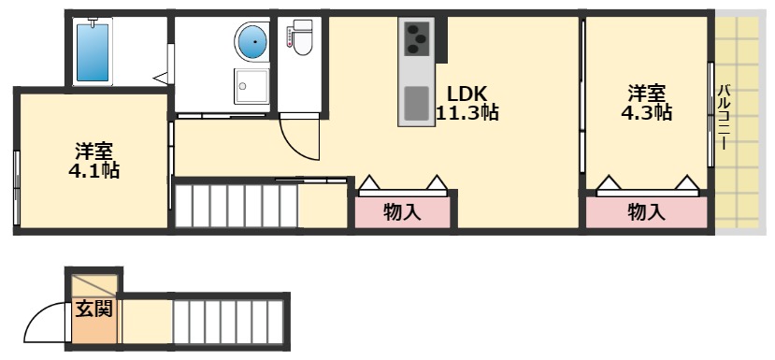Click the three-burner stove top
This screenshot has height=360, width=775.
415,40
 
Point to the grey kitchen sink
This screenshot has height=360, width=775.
416,102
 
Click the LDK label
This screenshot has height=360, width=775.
466,94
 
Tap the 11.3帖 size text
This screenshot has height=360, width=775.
466,114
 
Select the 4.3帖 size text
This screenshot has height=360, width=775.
646,113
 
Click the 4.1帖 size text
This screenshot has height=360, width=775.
93,171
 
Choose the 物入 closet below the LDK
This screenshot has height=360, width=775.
403,212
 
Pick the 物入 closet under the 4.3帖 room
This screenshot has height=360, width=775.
646,212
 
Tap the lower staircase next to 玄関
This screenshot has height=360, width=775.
227,321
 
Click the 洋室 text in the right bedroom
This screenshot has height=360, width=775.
646,94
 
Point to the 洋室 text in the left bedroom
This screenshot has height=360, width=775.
93,151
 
